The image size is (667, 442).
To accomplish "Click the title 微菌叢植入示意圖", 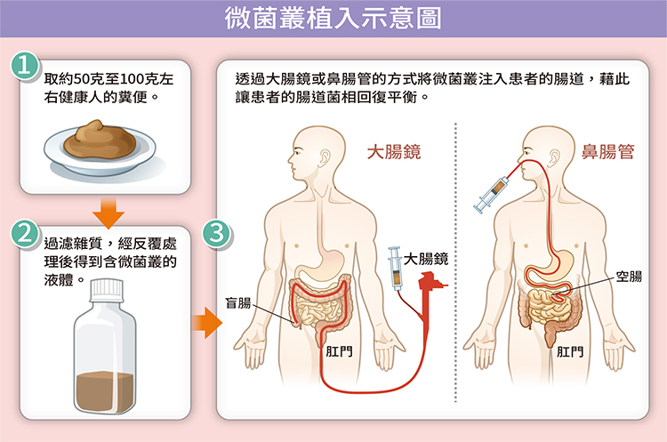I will [333, 19].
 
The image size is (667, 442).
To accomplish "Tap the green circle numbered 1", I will [27, 68].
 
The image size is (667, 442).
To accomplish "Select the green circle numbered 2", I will [27, 234].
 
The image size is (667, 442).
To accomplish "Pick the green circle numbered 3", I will [217, 234].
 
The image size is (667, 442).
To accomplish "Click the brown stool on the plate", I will [103, 139].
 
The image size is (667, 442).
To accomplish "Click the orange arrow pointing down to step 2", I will [108, 211].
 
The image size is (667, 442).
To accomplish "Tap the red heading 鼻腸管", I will [607, 152].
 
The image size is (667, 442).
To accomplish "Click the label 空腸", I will [628, 277].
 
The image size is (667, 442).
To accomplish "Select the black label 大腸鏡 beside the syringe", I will [425, 259].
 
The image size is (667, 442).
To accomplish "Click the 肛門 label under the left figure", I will [339, 350].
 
